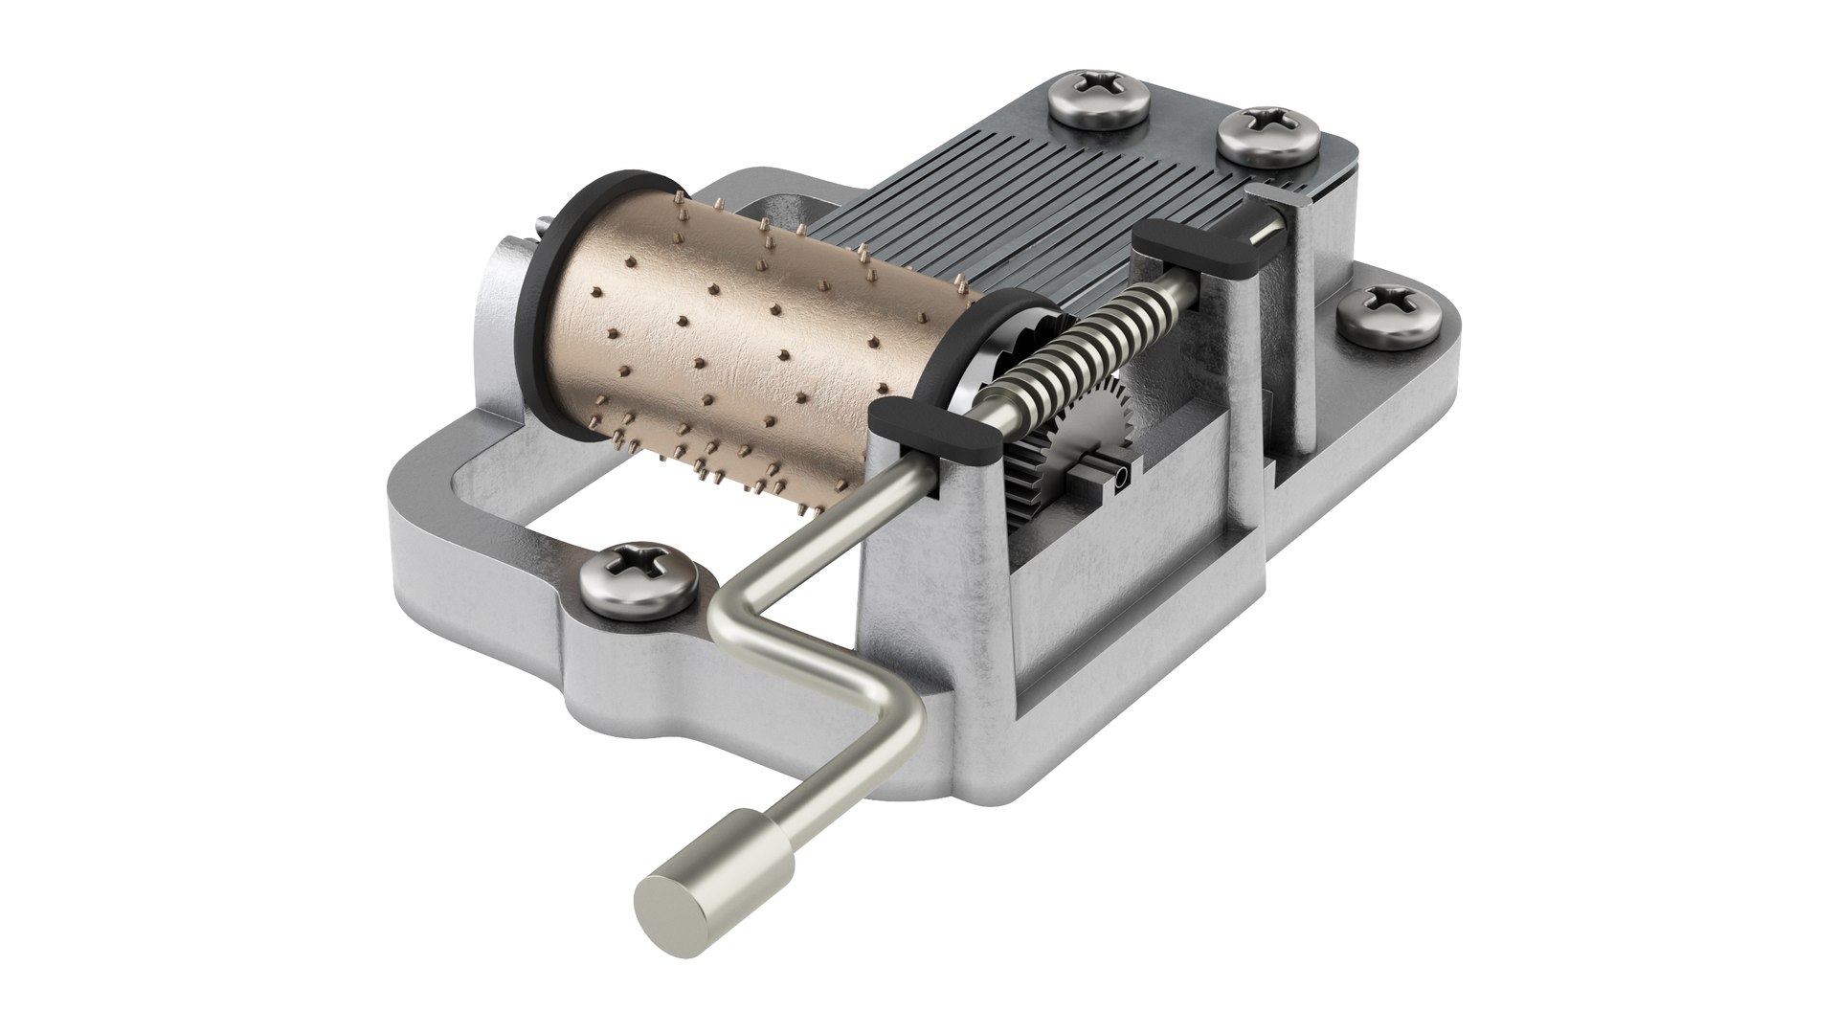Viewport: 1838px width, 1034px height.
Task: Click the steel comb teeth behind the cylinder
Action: tap(1005, 211)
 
